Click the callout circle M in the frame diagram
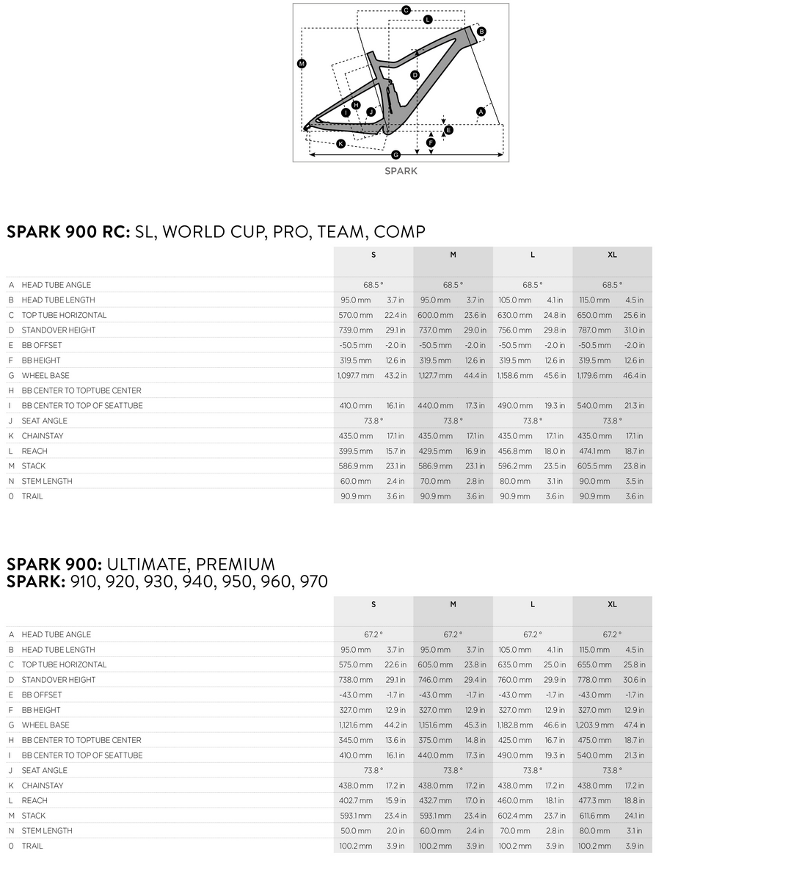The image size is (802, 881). (301, 64)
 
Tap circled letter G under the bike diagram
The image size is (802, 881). (396, 154)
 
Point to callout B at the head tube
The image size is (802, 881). (481, 32)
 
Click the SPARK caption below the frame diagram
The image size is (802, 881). (401, 171)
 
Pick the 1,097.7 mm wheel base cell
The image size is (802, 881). (355, 375)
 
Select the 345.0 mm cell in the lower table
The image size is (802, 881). (355, 740)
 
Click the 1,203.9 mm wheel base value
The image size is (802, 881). (594, 725)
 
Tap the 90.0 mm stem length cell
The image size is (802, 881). (594, 481)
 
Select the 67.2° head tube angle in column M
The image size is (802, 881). (453, 634)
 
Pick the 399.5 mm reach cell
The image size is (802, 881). (355, 451)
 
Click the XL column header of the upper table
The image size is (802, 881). (612, 255)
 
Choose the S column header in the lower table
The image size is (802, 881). (373, 604)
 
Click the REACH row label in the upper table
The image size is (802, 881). (34, 451)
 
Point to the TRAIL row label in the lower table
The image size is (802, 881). (32, 846)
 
